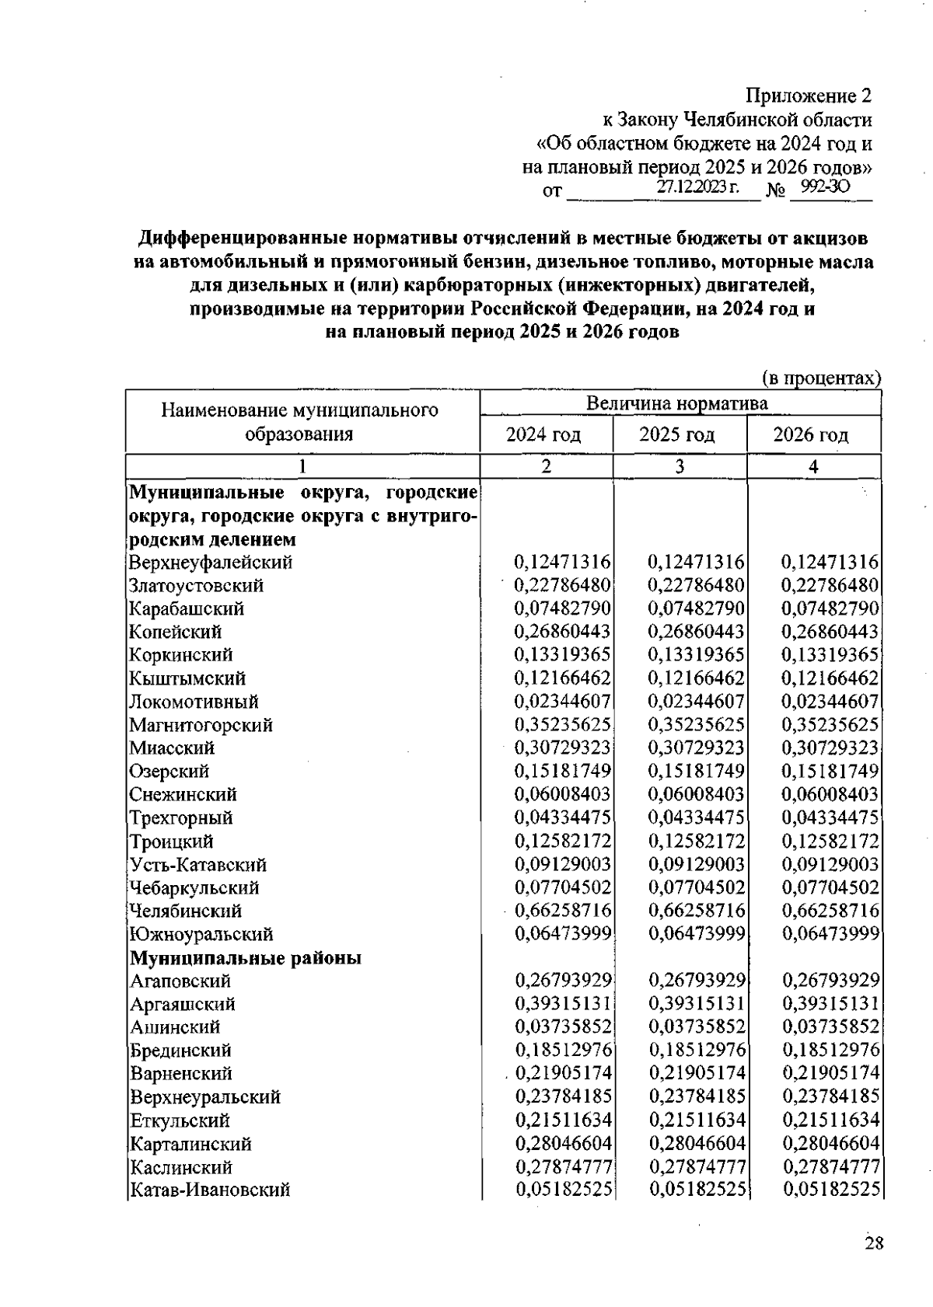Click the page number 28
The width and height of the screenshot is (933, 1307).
pyautogui.click(x=874, y=1243)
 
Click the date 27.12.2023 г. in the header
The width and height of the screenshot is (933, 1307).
pyautogui.click(x=697, y=187)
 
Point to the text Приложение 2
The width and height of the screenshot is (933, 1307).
pyautogui.click(x=809, y=96)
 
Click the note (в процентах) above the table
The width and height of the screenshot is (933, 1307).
pyautogui.click(x=821, y=378)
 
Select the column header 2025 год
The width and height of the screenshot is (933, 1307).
pyautogui.click(x=676, y=435)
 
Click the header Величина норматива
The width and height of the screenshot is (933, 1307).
pyautogui.click(x=676, y=403)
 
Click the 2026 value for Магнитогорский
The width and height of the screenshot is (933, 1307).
pyautogui.click(x=830, y=725)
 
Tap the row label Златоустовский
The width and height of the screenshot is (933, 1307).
pyautogui.click(x=197, y=585)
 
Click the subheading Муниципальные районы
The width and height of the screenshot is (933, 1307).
pyautogui.click(x=246, y=958)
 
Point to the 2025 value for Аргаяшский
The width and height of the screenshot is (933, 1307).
pyautogui.click(x=697, y=1004)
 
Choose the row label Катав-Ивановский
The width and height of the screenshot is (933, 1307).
pyautogui.click(x=210, y=1190)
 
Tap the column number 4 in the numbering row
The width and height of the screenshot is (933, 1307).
pyautogui.click(x=813, y=467)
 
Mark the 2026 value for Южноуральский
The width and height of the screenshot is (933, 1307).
pyautogui.click(x=830, y=934)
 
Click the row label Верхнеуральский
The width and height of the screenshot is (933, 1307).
pyautogui.click(x=205, y=1097)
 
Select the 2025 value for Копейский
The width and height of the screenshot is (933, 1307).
pyautogui.click(x=697, y=632)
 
